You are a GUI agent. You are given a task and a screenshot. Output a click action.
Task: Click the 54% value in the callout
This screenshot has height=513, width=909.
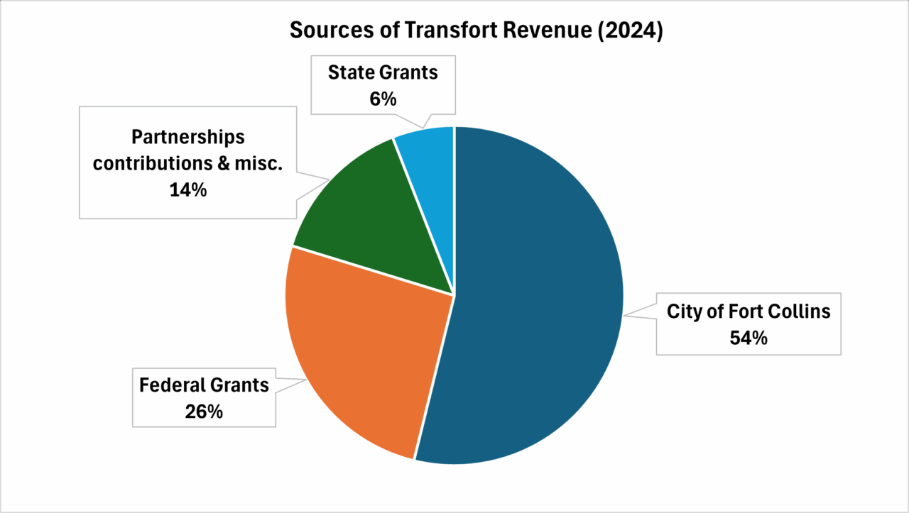pyautogui.click(x=749, y=338)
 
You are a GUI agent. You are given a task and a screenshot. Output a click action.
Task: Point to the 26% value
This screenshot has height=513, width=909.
pyautogui.click(x=205, y=411)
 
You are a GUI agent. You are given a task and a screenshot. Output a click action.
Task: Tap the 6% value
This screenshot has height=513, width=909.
pyautogui.click(x=383, y=99)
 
